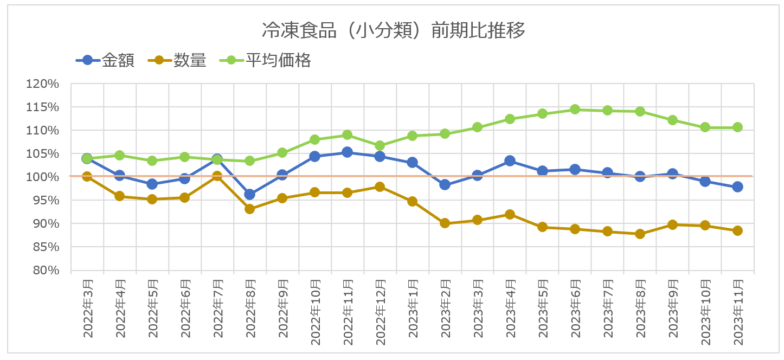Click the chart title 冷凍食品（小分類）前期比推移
pyautogui.click(x=393, y=31)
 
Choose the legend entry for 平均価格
pyautogui.click(x=278, y=60)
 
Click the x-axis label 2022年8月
pyautogui.click(x=250, y=308)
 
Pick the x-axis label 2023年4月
pyautogui.click(x=510, y=308)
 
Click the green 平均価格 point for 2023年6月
pyautogui.click(x=575, y=110)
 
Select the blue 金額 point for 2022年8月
pyautogui.click(x=249, y=194)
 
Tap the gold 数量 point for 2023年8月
pyautogui.click(x=640, y=234)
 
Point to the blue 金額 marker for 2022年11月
pyautogui.click(x=347, y=152)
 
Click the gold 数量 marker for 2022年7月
pyautogui.click(x=217, y=176)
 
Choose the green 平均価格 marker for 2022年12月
pyautogui.click(x=380, y=145)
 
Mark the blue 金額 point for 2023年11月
pyautogui.click(x=737, y=187)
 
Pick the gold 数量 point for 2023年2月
pyautogui.click(x=445, y=223)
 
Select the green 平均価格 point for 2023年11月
pyautogui.click(x=737, y=127)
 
